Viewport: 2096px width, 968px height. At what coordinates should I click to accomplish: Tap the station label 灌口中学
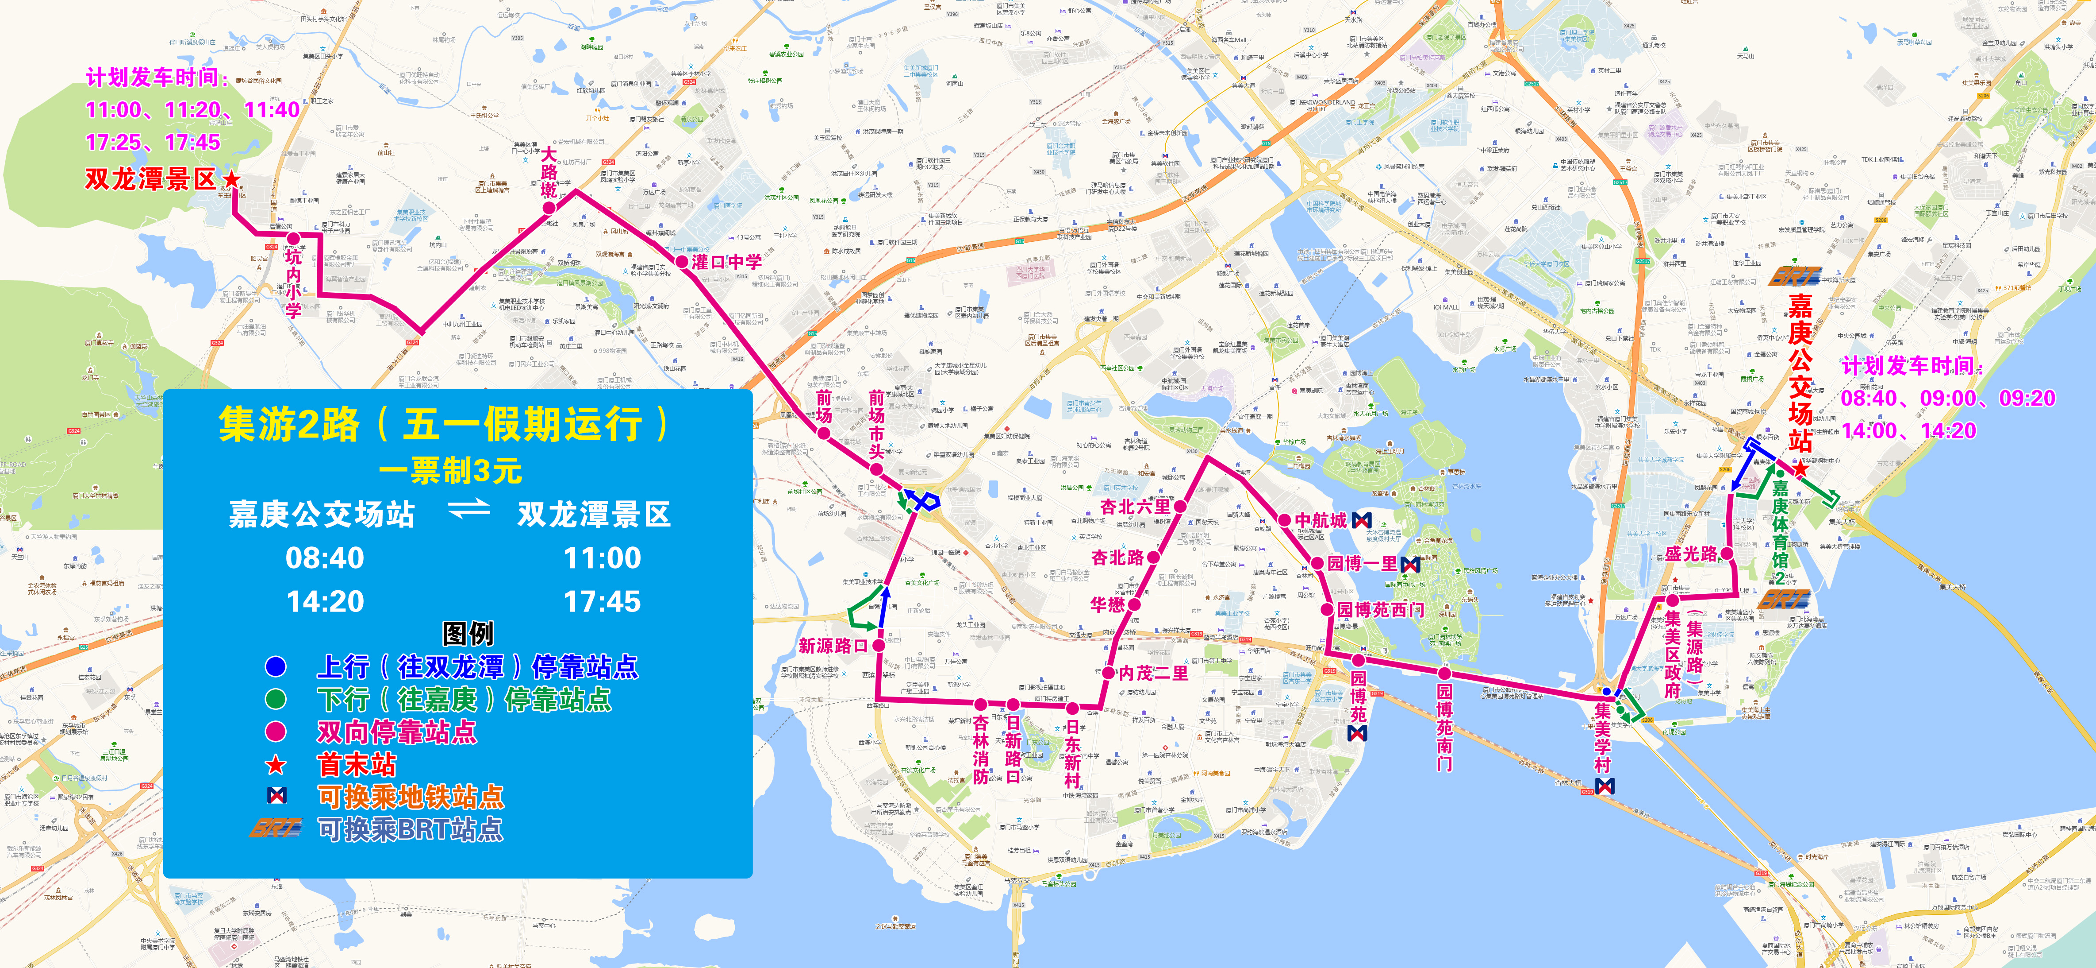coord(726,262)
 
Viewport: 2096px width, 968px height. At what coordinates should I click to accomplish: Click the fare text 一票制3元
coord(450,471)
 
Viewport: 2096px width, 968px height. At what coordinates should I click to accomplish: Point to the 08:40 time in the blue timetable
coord(325,558)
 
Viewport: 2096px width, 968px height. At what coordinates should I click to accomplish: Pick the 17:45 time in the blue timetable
coord(602,602)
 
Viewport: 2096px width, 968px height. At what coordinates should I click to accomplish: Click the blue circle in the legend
coord(276,667)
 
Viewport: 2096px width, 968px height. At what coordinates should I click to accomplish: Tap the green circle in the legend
coord(276,699)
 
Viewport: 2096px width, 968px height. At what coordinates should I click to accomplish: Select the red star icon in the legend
coord(276,764)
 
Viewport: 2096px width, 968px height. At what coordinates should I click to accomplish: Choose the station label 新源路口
coord(833,646)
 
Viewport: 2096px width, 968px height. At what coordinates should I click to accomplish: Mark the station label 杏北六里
coord(1135,507)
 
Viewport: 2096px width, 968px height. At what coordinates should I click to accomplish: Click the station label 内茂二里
coord(1153,673)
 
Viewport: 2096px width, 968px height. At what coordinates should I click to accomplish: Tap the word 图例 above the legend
coord(468,633)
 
